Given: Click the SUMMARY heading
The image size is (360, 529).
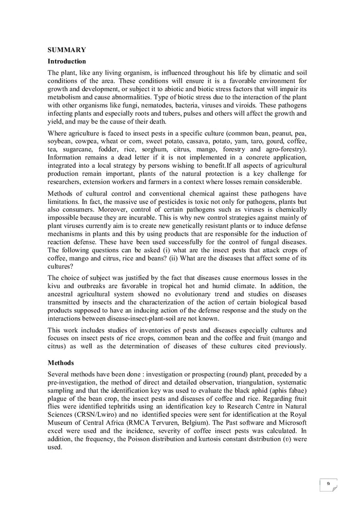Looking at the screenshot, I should (x=66, y=50).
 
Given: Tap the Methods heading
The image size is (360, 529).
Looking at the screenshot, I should (x=61, y=363).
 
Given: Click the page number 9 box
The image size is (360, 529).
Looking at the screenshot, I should (x=328, y=483).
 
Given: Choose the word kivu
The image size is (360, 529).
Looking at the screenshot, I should (x=56, y=286).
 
